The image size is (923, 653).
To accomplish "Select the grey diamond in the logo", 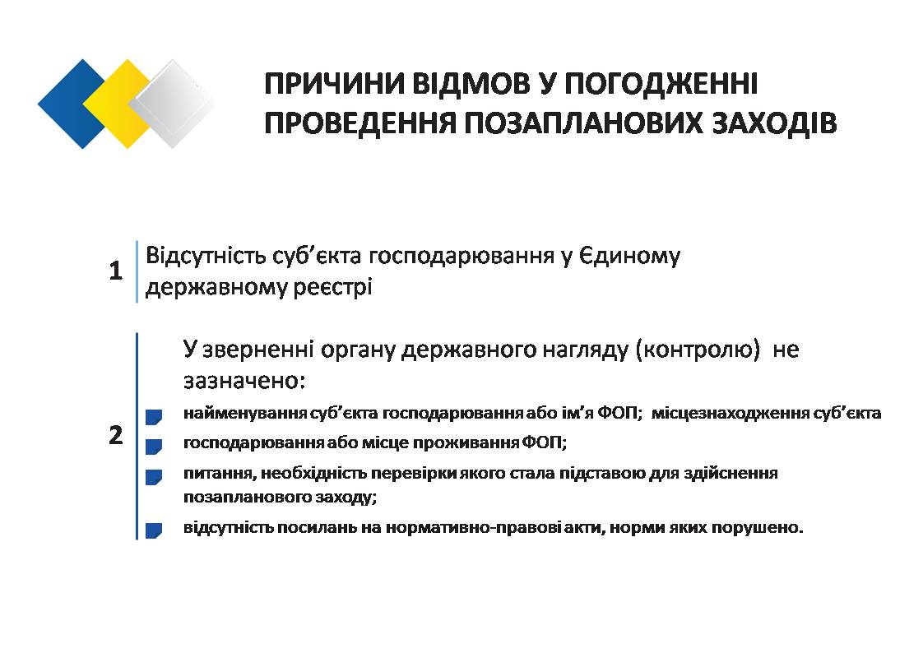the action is point(173,104).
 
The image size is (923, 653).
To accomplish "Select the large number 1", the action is point(116,271).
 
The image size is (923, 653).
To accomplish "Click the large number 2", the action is point(116,435).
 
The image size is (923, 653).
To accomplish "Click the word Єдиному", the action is point(630,257).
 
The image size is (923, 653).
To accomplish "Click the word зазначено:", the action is point(244,381).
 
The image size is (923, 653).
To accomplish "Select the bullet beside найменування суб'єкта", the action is point(154,417).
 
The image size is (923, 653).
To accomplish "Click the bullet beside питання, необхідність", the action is point(154,477).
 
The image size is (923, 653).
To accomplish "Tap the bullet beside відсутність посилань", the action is point(154,530).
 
